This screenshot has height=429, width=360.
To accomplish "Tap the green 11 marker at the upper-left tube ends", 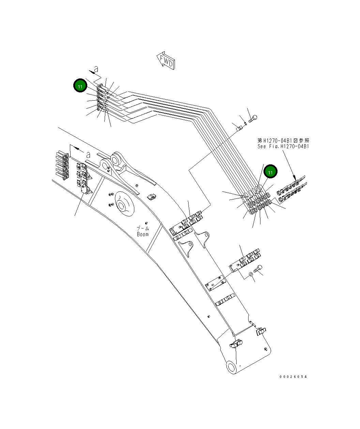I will [80, 86].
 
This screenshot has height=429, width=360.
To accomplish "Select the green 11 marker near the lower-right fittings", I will [270, 172].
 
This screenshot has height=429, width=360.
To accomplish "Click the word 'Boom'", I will [143, 234].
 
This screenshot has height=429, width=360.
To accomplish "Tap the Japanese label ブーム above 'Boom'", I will [143, 228].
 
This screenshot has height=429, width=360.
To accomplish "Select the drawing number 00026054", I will [293, 377].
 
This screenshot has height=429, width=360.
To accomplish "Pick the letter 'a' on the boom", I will [88, 154].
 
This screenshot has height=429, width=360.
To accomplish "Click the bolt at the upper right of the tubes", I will [253, 119].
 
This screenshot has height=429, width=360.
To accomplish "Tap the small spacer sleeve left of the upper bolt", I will [239, 129].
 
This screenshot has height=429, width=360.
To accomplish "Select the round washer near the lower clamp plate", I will [251, 273].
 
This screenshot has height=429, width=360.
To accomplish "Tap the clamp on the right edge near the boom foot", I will [261, 331].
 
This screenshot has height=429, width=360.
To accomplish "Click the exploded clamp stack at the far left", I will [62, 166].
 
